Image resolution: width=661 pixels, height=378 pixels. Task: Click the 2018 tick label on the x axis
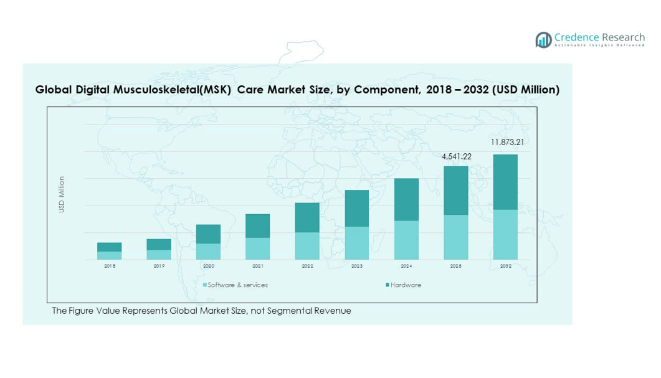[x=110, y=266]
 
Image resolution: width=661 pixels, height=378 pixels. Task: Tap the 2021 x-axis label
[x=258, y=266]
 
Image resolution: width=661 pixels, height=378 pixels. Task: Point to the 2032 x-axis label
[x=505, y=266]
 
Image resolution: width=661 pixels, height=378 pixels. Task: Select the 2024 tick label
[x=406, y=266]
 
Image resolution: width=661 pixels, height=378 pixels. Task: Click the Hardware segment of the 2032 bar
[x=505, y=182]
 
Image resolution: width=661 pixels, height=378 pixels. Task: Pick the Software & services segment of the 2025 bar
[x=455, y=237]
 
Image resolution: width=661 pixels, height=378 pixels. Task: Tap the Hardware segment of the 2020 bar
[x=209, y=234]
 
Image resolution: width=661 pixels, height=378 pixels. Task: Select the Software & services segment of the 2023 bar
[x=357, y=243]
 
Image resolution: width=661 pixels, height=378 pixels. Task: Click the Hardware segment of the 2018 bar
[x=110, y=247]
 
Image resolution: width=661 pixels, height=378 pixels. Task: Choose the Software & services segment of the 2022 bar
[x=307, y=246]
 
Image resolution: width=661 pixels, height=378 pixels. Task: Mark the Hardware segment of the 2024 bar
[x=406, y=199]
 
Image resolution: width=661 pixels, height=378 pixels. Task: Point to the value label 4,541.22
[x=457, y=156]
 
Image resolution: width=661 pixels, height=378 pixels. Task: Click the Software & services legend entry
[x=237, y=285]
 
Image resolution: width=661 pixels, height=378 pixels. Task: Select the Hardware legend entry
[x=406, y=285]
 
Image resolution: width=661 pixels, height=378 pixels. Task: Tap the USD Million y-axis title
[x=62, y=194]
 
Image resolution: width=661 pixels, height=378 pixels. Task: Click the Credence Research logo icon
[x=543, y=40]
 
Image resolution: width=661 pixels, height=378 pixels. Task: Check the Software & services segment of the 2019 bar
[x=159, y=255]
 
